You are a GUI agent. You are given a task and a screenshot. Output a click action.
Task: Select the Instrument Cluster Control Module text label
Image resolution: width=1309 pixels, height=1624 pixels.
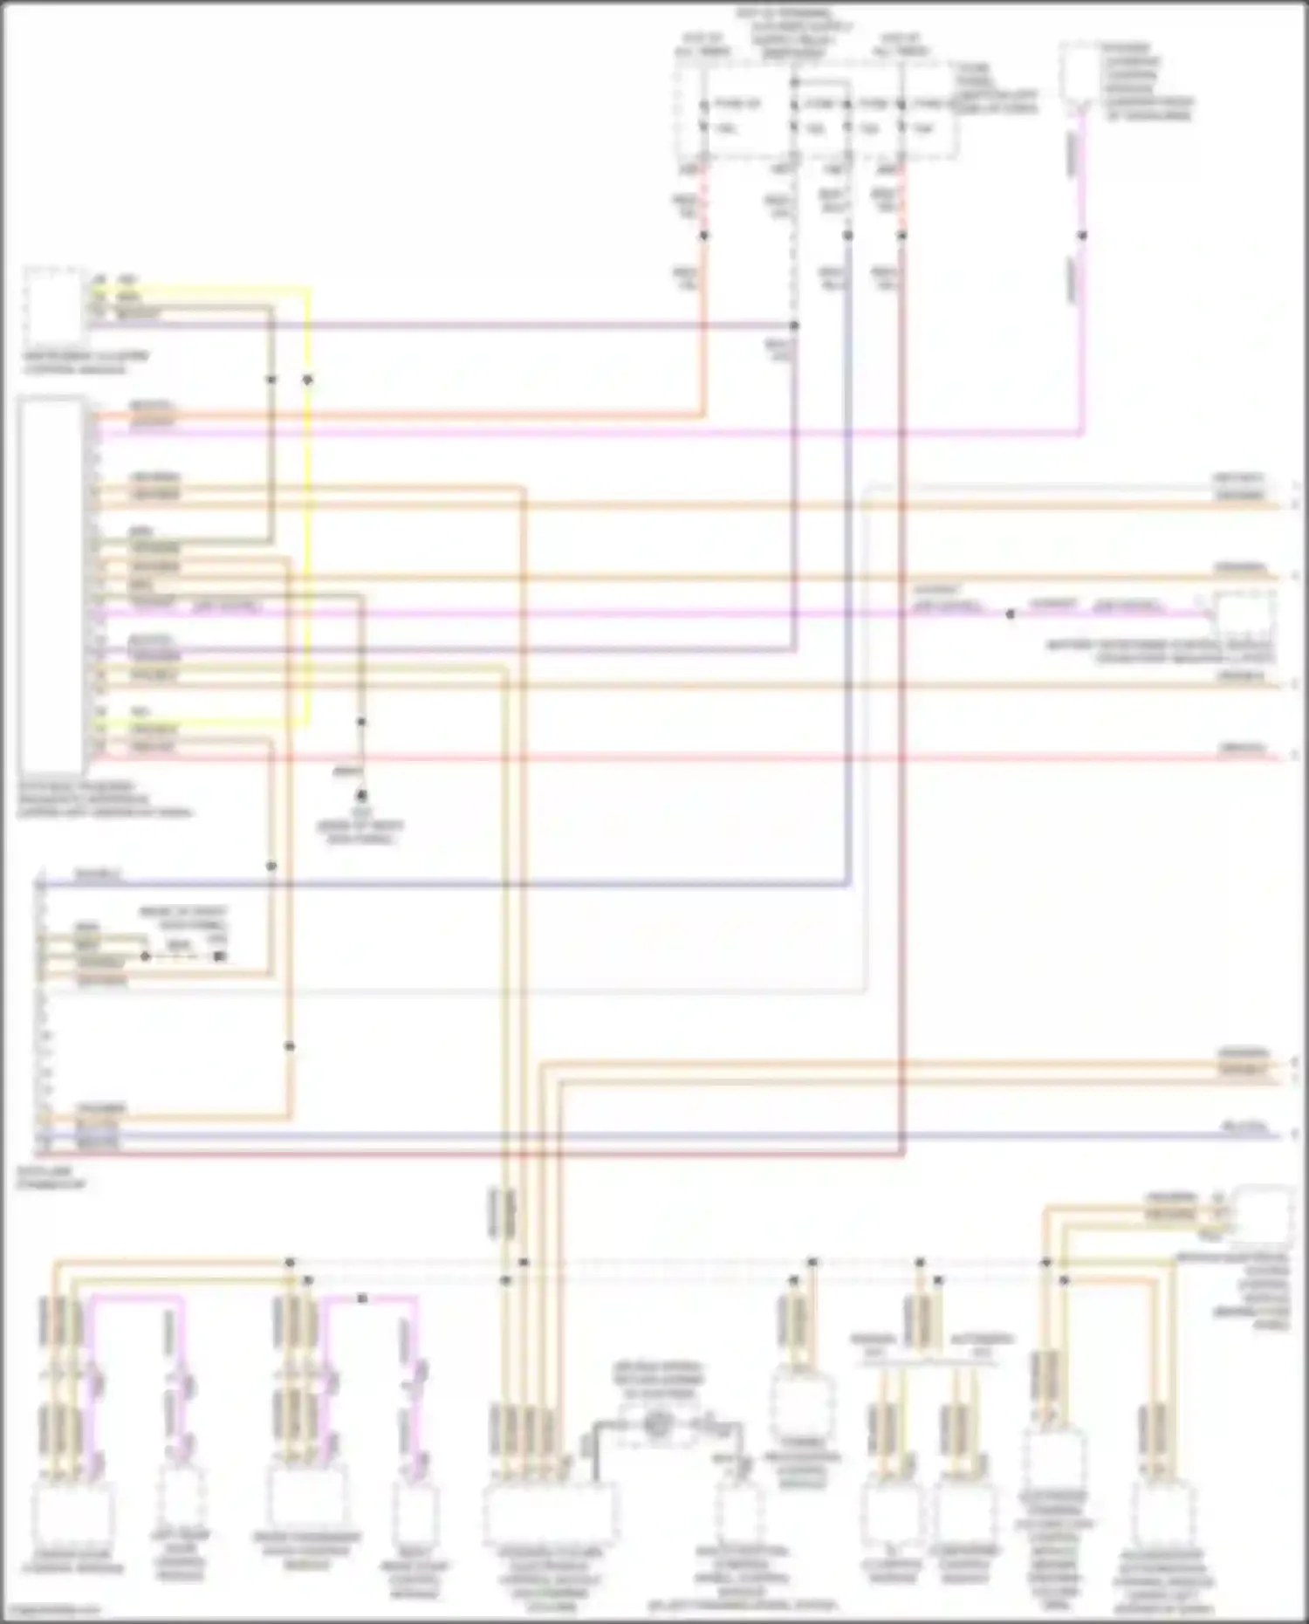[85, 363]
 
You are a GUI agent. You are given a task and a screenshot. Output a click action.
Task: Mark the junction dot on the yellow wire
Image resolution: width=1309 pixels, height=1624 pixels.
[307, 380]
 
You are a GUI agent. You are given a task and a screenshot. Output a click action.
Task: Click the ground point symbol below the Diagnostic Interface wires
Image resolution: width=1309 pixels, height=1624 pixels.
[361, 796]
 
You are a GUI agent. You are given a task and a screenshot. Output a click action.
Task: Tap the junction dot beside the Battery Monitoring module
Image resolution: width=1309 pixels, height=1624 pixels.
[1010, 613]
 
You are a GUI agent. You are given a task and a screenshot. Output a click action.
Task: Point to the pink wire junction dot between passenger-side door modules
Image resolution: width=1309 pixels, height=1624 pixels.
[362, 1299]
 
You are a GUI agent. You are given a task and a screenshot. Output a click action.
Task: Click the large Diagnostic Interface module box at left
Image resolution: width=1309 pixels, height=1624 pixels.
[51, 585]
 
